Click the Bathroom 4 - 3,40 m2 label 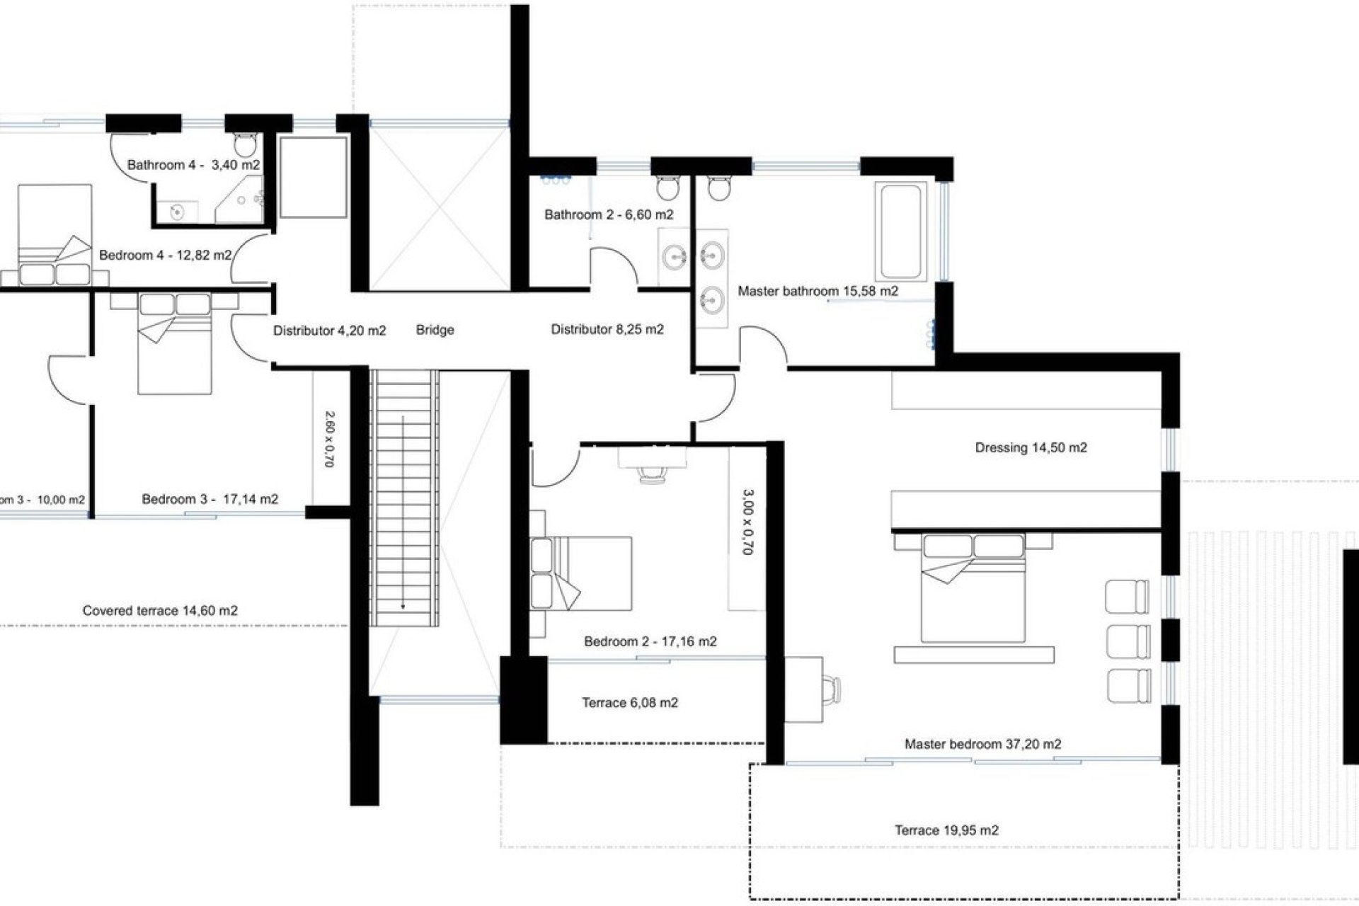pyautogui.click(x=193, y=165)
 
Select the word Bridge pyautogui.click(x=435, y=330)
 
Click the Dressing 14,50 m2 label pyautogui.click(x=1031, y=447)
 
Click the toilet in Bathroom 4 pyautogui.click(x=245, y=145)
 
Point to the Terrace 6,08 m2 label pyautogui.click(x=630, y=703)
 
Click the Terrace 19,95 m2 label pyautogui.click(x=946, y=830)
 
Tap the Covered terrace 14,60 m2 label pyautogui.click(x=160, y=610)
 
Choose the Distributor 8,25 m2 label pyautogui.click(x=607, y=329)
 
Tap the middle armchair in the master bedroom pyautogui.click(x=1128, y=641)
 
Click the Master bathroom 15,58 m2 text pyautogui.click(x=818, y=291)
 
